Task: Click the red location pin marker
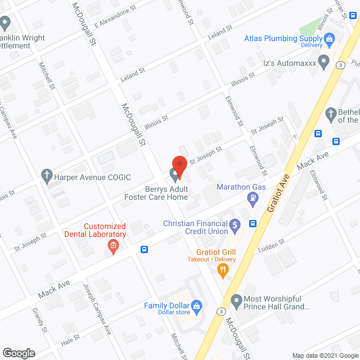click(x=179, y=166)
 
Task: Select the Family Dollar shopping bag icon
click(x=196, y=307)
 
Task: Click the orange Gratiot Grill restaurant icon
click(x=223, y=271)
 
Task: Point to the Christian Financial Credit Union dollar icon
click(x=236, y=227)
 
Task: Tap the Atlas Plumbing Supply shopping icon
click(x=331, y=39)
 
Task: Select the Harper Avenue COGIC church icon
click(x=47, y=177)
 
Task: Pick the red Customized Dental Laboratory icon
click(x=114, y=245)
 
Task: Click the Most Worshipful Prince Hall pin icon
click(x=236, y=301)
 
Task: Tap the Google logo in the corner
click(x=18, y=353)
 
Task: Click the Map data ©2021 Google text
click(x=324, y=355)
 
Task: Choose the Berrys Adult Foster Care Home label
click(x=156, y=193)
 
